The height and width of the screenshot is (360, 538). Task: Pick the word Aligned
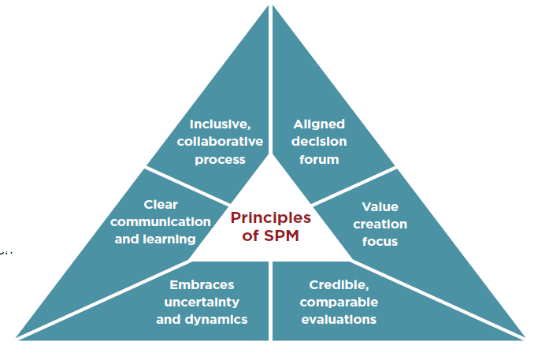pos(319,124)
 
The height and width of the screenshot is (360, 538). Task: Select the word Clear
pos(161,204)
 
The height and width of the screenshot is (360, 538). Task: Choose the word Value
pos(380,206)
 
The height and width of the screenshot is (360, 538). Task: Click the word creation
pos(380,224)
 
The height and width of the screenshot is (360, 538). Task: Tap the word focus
pos(380,241)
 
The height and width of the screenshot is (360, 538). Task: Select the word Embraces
pos(202,284)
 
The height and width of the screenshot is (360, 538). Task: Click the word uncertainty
pos(202,302)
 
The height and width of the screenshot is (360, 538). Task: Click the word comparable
pos(339,302)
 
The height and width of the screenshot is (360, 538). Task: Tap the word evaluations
pos(339,319)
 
